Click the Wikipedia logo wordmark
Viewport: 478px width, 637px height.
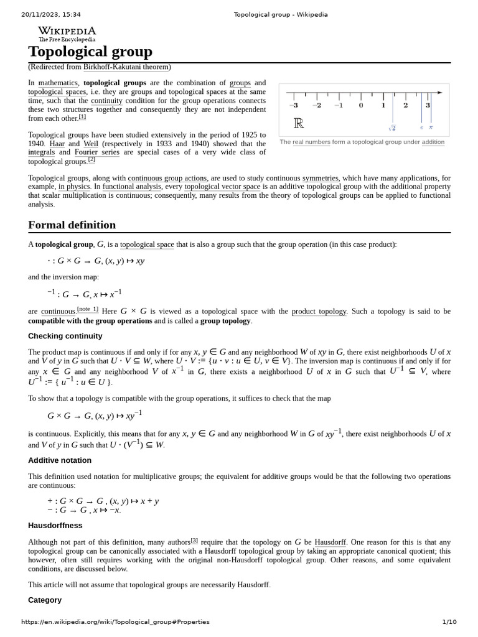coord(67,31)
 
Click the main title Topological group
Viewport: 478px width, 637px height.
coord(90,52)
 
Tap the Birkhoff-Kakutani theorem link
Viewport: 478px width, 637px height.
coord(126,67)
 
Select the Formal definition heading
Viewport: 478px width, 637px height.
coord(72,225)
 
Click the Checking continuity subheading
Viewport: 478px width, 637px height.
coord(65,336)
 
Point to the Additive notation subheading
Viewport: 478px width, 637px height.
coord(60,460)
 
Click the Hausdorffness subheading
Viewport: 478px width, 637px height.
coord(55,526)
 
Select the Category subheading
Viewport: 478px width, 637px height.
coord(45,600)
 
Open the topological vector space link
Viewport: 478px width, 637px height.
coord(222,187)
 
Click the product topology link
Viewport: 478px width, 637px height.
coord(319,312)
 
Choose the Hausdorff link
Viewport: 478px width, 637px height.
coord(330,542)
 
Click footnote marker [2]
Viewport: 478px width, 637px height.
coord(91,160)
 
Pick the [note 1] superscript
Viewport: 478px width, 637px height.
coord(88,309)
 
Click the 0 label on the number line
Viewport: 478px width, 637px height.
coord(361,105)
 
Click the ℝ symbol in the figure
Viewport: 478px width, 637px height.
coord(299,123)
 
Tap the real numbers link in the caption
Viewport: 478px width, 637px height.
coord(311,142)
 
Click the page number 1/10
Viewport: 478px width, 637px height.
coord(449,622)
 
